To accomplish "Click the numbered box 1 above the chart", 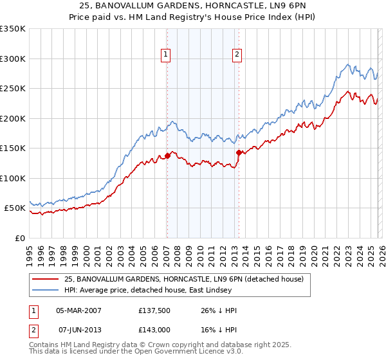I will (x=166, y=55).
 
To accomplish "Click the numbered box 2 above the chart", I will (x=237, y=55).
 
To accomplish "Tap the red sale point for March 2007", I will (x=167, y=155).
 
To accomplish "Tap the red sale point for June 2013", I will (x=239, y=152).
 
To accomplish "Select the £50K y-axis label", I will (x=15, y=208).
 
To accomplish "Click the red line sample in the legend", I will (x=45, y=279).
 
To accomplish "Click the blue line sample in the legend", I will (x=45, y=291).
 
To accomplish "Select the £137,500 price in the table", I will (x=155, y=310).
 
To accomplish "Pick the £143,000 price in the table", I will (x=155, y=330).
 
